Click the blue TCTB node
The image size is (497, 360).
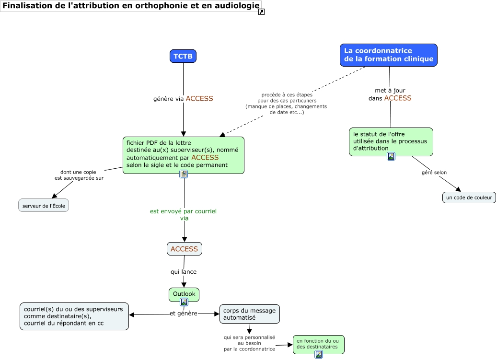[183, 56]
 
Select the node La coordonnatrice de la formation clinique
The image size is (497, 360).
[388, 55]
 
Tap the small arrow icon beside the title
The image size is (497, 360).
[261, 12]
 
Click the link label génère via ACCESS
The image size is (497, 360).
[183, 99]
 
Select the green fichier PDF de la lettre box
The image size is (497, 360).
[184, 153]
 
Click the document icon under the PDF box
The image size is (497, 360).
[184, 174]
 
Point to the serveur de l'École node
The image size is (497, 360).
[44, 205]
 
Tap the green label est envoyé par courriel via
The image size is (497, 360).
[184, 214]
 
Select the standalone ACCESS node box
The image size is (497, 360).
[185, 249]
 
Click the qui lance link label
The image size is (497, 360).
[184, 272]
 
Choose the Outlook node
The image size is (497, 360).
[184, 294]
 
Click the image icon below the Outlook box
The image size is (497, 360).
[184, 302]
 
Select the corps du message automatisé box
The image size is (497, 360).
[249, 314]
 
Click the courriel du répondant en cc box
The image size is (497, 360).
[74, 316]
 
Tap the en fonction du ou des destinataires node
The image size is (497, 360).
[318, 343]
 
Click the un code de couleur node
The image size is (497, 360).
[469, 197]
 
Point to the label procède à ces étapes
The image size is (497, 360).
[286, 104]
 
